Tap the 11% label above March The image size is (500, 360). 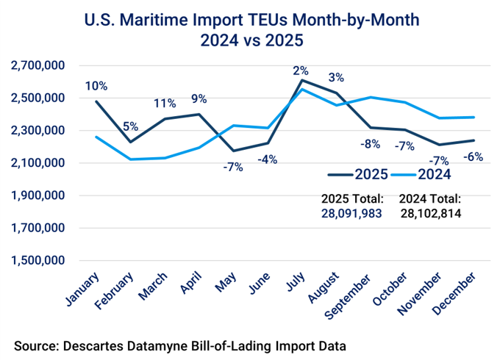tap(164, 103)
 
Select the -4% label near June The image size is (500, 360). tap(266, 159)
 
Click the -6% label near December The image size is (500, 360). tap(474, 156)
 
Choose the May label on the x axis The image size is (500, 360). tap(225, 283)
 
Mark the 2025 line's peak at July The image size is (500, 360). tap(302, 80)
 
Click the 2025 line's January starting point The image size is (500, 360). tap(96, 101)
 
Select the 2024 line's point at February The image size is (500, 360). tap(130, 159)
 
